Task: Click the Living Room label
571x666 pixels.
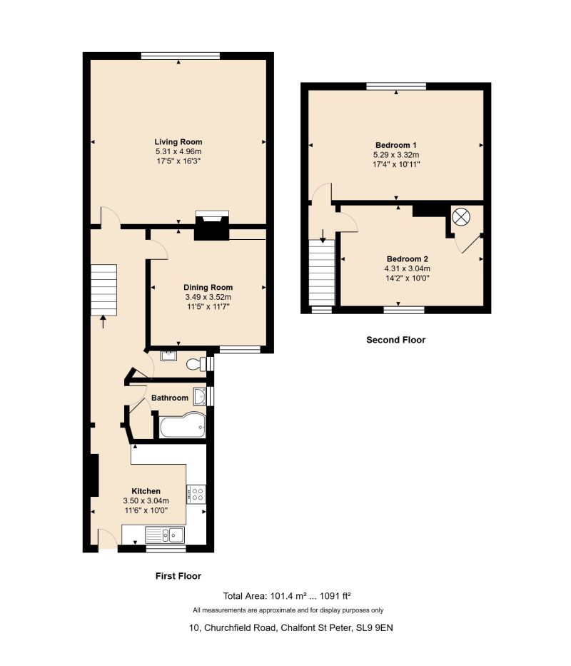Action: coord(178,142)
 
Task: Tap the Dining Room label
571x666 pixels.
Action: coord(208,288)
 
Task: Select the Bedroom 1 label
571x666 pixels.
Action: coord(396,145)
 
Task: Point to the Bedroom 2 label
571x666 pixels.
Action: coord(407,259)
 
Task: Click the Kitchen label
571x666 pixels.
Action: coord(146,491)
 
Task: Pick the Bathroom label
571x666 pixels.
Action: coord(170,398)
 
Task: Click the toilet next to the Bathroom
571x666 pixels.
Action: coord(196,365)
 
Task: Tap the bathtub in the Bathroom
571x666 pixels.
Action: coord(183,425)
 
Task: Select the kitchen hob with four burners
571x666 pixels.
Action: coord(196,494)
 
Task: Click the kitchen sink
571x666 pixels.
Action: coord(165,535)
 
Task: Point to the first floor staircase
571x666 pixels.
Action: coord(103,290)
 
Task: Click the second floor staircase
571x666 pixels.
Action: coord(323,272)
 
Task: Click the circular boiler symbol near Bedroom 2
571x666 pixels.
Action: coord(461,218)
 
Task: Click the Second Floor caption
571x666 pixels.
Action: coord(396,340)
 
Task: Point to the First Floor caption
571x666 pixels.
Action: coord(178,576)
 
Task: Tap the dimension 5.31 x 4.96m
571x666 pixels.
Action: coord(178,151)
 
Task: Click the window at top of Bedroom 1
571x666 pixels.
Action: coord(396,86)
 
